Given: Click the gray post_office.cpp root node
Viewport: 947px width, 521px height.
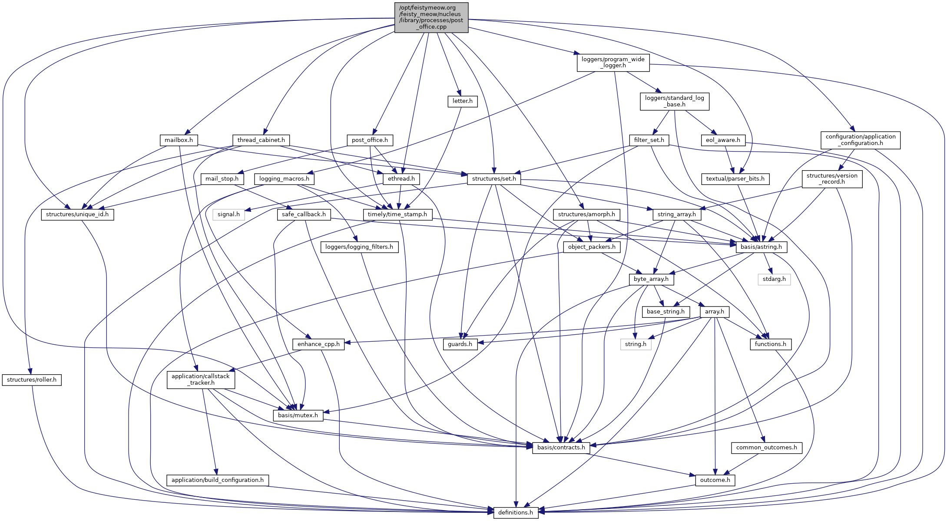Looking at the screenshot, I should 431,17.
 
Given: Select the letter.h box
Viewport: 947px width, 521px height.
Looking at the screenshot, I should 462,101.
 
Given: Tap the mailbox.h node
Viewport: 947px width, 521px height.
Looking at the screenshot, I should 179,140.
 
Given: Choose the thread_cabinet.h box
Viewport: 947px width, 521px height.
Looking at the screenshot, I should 261,140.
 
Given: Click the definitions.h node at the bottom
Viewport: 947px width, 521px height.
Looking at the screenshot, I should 516,512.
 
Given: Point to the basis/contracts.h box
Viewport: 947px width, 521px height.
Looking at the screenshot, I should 561,448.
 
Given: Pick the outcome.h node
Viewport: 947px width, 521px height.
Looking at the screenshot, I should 715,480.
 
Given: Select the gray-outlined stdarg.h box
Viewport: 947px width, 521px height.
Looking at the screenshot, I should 774,279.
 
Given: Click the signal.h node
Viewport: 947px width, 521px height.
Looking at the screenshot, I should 228,214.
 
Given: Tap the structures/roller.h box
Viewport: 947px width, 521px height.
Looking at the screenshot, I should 32,380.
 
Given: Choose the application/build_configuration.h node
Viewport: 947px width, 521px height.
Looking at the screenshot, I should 218,480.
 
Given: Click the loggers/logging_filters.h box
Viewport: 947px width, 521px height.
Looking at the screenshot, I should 359,247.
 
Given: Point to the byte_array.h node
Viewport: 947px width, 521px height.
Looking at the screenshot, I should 651,279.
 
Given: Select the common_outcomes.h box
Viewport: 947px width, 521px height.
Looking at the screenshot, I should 767,448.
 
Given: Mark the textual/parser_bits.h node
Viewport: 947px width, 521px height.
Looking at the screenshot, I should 735,179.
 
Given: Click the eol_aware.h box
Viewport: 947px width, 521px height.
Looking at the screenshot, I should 723,140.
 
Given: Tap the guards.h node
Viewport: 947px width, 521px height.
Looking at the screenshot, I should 460,344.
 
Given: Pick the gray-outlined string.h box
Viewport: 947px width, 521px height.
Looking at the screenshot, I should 636,344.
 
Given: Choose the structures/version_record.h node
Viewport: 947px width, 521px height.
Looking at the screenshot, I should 832,179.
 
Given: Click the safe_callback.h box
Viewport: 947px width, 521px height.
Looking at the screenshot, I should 304,214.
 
